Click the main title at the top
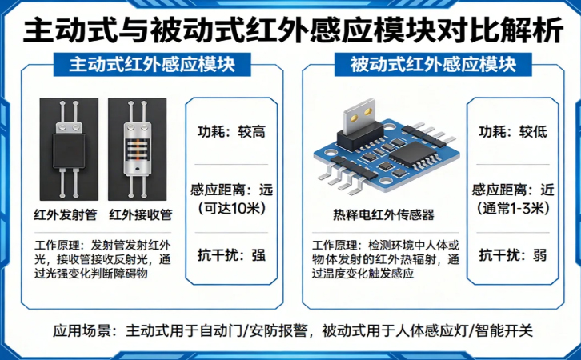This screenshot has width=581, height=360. (x=290, y=30)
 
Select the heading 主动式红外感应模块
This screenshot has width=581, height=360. (x=152, y=64)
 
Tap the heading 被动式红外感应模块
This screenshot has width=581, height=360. (x=433, y=64)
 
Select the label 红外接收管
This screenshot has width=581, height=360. (x=140, y=214)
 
